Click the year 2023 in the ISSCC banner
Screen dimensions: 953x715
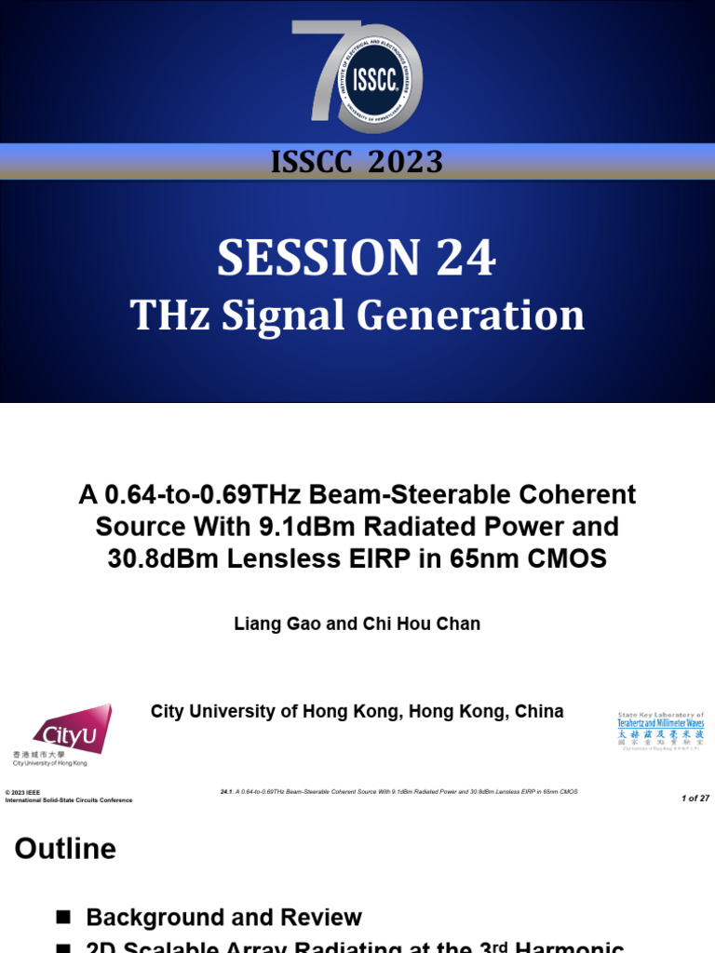coord(405,162)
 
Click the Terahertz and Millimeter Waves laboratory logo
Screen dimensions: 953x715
coord(661,731)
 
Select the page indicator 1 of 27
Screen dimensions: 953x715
coord(695,799)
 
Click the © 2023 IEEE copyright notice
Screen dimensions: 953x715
coord(23,792)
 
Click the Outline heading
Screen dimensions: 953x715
coord(65,849)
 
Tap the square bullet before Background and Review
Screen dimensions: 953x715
coord(63,917)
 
